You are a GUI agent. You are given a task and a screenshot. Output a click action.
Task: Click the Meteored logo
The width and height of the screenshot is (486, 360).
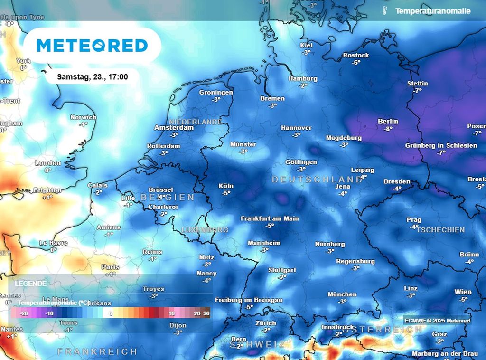point(92,46)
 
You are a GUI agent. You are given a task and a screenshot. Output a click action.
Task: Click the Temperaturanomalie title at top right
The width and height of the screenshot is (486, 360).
point(432,10)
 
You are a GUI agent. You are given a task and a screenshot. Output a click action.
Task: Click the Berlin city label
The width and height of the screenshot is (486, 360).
point(388,121)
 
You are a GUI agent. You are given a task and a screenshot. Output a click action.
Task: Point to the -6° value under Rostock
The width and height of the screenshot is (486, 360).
point(356,62)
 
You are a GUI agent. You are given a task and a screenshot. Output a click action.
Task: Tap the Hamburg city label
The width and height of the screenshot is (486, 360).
point(303,78)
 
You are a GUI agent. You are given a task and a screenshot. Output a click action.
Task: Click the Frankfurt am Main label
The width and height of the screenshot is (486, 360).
point(270,218)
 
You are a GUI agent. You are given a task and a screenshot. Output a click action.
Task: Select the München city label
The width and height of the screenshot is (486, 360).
point(342,294)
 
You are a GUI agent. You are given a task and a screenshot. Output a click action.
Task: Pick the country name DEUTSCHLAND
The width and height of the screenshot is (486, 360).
point(317,180)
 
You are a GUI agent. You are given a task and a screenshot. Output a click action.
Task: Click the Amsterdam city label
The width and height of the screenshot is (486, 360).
point(174,128)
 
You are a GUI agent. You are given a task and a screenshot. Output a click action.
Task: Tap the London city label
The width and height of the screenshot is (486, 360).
point(47,163)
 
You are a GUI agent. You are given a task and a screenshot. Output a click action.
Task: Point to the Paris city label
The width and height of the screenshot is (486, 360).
point(110,267)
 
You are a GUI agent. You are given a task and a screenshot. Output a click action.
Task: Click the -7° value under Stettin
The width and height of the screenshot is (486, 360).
point(418,90)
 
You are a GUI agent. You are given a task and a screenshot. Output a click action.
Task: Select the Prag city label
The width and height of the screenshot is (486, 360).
point(414,219)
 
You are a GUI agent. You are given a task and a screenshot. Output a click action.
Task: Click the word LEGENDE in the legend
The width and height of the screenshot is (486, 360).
point(31,284)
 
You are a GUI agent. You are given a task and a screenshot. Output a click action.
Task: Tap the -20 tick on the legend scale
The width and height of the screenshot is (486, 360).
point(24,314)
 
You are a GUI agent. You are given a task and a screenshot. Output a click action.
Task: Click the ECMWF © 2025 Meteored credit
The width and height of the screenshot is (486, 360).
point(437,321)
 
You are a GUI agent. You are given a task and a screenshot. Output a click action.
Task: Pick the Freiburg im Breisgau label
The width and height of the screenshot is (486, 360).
point(249,300)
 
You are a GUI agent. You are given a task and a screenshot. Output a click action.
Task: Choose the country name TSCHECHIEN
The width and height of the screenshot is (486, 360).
point(440,229)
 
